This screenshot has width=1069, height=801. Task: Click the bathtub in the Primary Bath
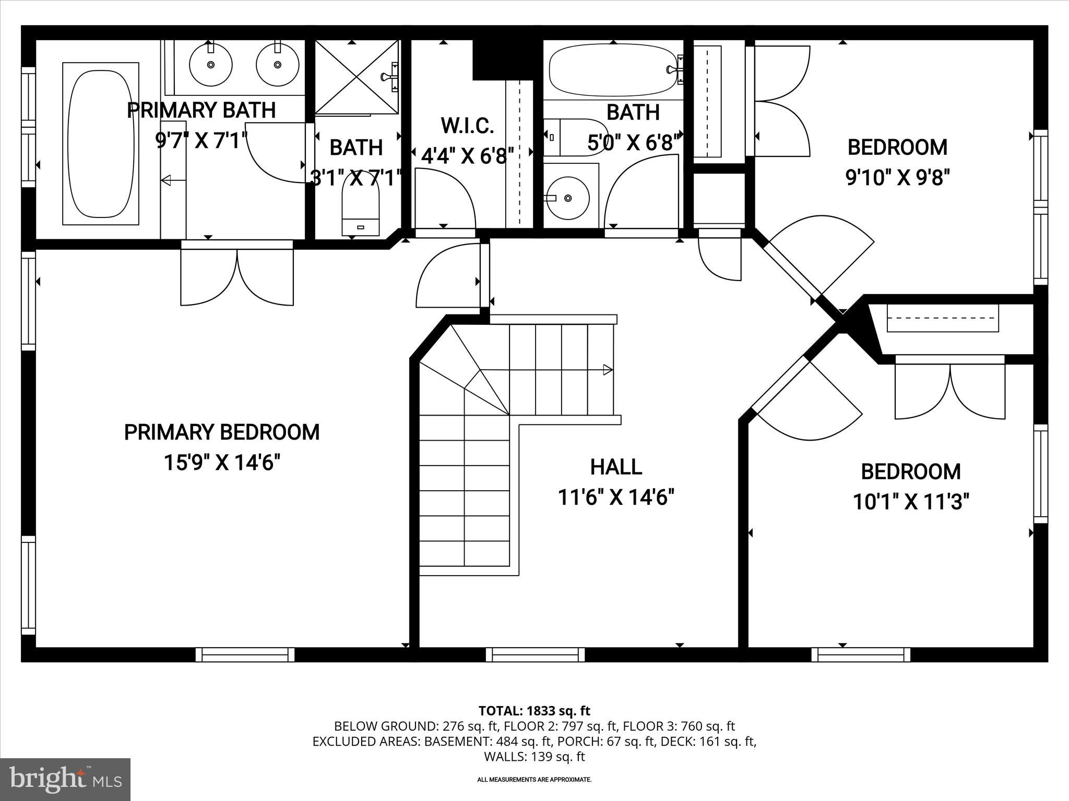101,144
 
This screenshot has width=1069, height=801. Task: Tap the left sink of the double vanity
210,65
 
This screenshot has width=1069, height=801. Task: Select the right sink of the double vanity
277,65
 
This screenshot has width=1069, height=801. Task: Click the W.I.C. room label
467,126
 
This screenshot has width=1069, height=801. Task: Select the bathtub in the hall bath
612,70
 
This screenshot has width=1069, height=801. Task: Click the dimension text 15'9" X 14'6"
222,463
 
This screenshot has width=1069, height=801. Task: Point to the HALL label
616,467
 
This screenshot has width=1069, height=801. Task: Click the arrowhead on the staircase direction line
608,370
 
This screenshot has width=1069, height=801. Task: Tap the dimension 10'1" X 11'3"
911,502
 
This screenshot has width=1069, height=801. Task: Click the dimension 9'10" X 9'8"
897,178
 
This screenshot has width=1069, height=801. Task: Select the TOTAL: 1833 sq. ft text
534,711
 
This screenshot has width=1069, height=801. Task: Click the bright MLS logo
65,779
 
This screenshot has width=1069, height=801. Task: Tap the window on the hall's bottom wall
535,654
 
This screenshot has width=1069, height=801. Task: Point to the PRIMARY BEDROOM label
222,432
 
